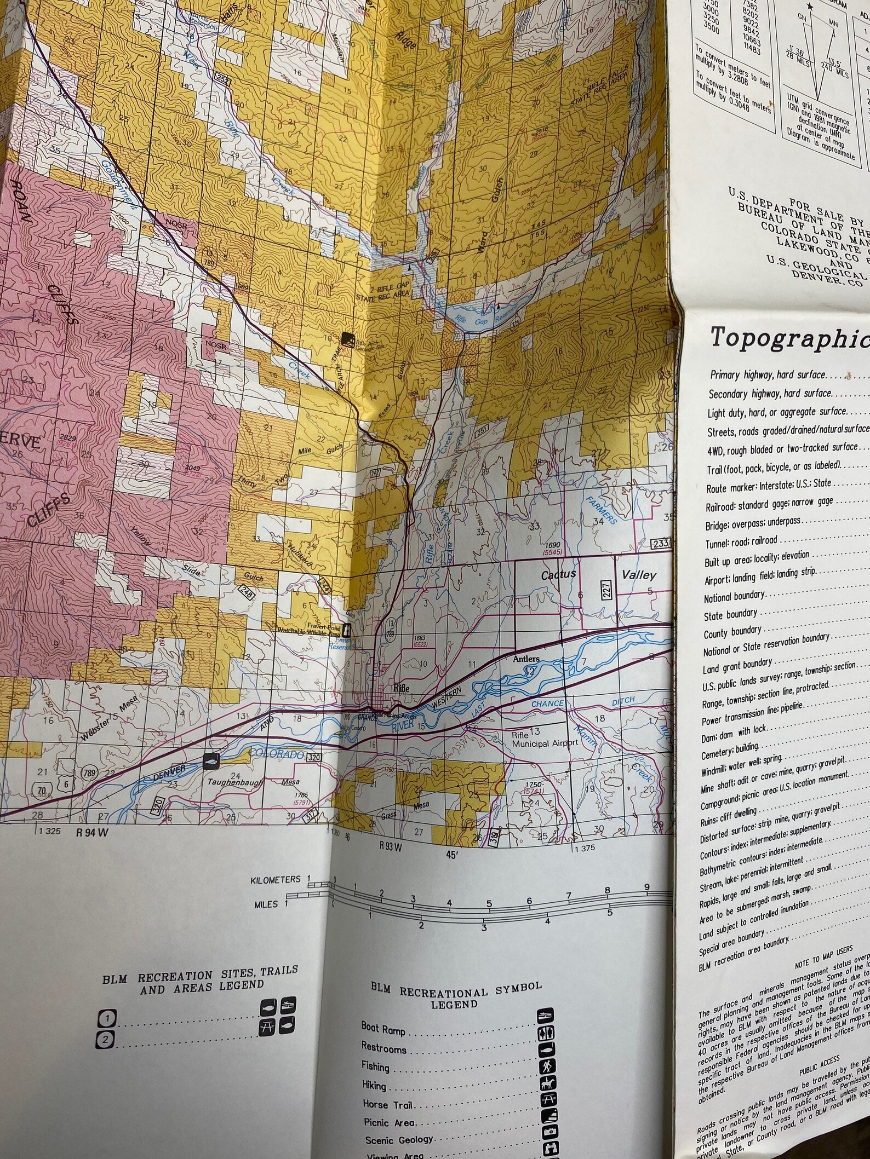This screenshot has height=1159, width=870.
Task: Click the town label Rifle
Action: [401, 688]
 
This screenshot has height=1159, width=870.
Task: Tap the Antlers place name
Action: [525, 659]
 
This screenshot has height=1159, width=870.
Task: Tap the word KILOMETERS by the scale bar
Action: [276, 880]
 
